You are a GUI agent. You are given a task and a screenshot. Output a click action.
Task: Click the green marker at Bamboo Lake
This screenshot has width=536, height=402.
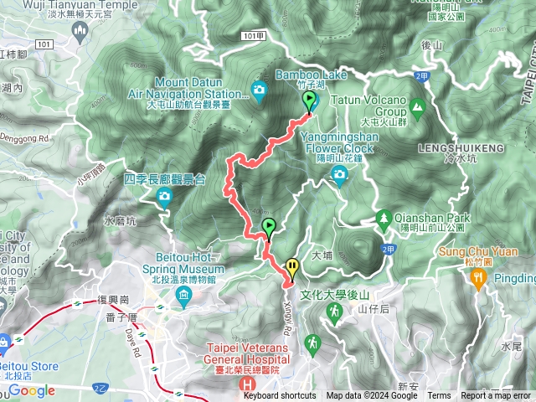click(x=310, y=101)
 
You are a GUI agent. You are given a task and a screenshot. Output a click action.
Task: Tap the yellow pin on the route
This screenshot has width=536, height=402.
click(x=291, y=267)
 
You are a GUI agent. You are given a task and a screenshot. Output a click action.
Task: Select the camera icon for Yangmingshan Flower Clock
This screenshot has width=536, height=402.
click(x=339, y=174)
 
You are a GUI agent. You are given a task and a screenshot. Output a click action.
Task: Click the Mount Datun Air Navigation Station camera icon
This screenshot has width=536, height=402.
click(x=259, y=90)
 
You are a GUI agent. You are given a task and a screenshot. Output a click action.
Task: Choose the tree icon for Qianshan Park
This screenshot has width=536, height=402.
click(x=384, y=217)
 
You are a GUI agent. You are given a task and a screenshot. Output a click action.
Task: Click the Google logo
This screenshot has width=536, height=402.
click(x=32, y=390)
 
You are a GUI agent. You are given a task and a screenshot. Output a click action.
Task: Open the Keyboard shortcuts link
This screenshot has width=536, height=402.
click(x=280, y=396)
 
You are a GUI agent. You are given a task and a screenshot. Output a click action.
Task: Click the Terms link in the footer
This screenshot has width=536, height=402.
click(x=439, y=396)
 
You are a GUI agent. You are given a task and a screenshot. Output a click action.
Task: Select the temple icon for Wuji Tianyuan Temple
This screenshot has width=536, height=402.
click(x=80, y=32)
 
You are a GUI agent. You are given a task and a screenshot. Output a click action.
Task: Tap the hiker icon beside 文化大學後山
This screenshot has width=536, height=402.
click(x=334, y=312)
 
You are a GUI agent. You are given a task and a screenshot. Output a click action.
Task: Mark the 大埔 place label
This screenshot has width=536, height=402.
click(x=322, y=255)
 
